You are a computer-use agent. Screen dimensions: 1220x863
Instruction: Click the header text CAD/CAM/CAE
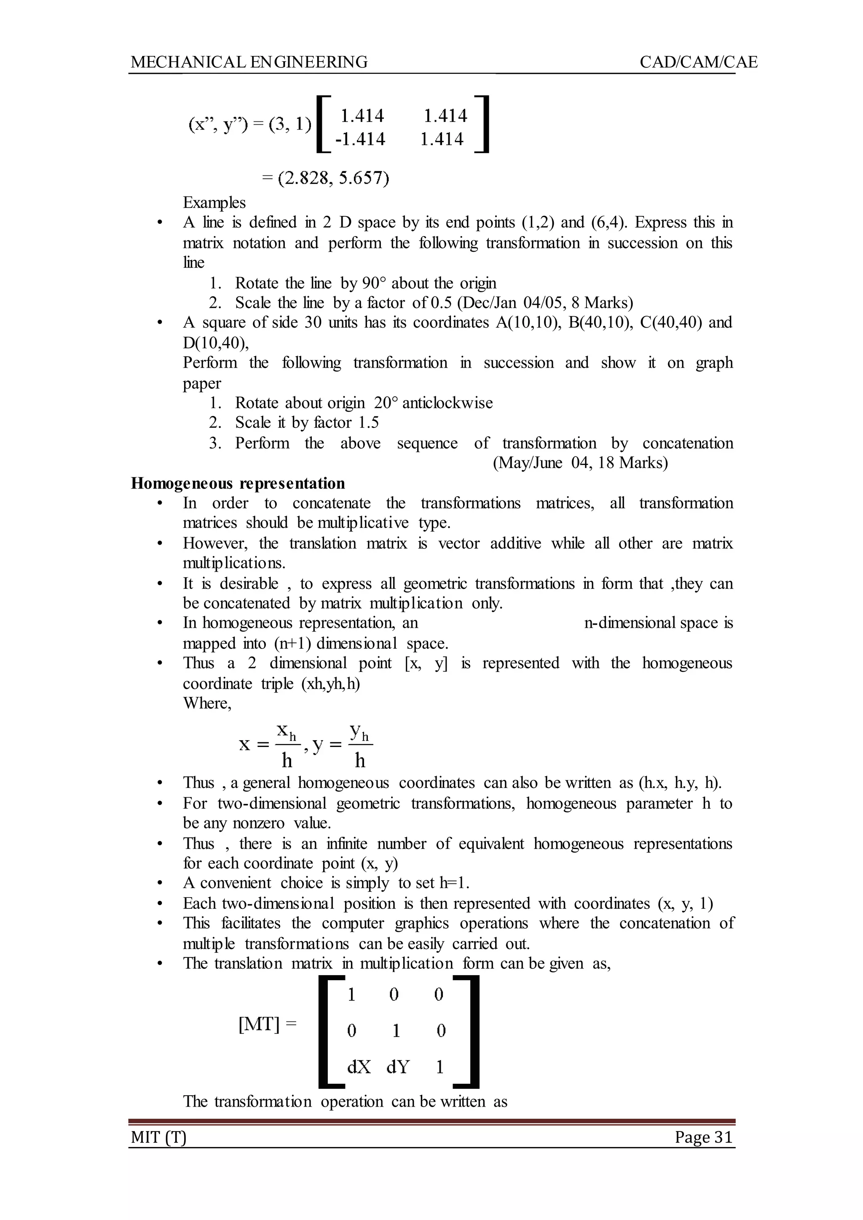[698, 62]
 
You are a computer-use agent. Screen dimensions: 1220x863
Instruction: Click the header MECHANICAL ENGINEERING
[249, 62]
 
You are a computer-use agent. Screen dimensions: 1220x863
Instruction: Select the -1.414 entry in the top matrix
[360, 139]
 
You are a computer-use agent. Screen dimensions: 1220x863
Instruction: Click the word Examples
[214, 202]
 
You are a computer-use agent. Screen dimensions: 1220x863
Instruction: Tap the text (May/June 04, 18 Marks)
[580, 463]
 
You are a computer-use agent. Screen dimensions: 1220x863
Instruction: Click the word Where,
[207, 703]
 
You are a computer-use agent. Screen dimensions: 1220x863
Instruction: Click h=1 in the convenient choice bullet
[454, 884]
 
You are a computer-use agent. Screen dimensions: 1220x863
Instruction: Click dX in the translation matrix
[359, 1067]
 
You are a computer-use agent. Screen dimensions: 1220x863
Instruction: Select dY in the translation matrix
[397, 1067]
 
